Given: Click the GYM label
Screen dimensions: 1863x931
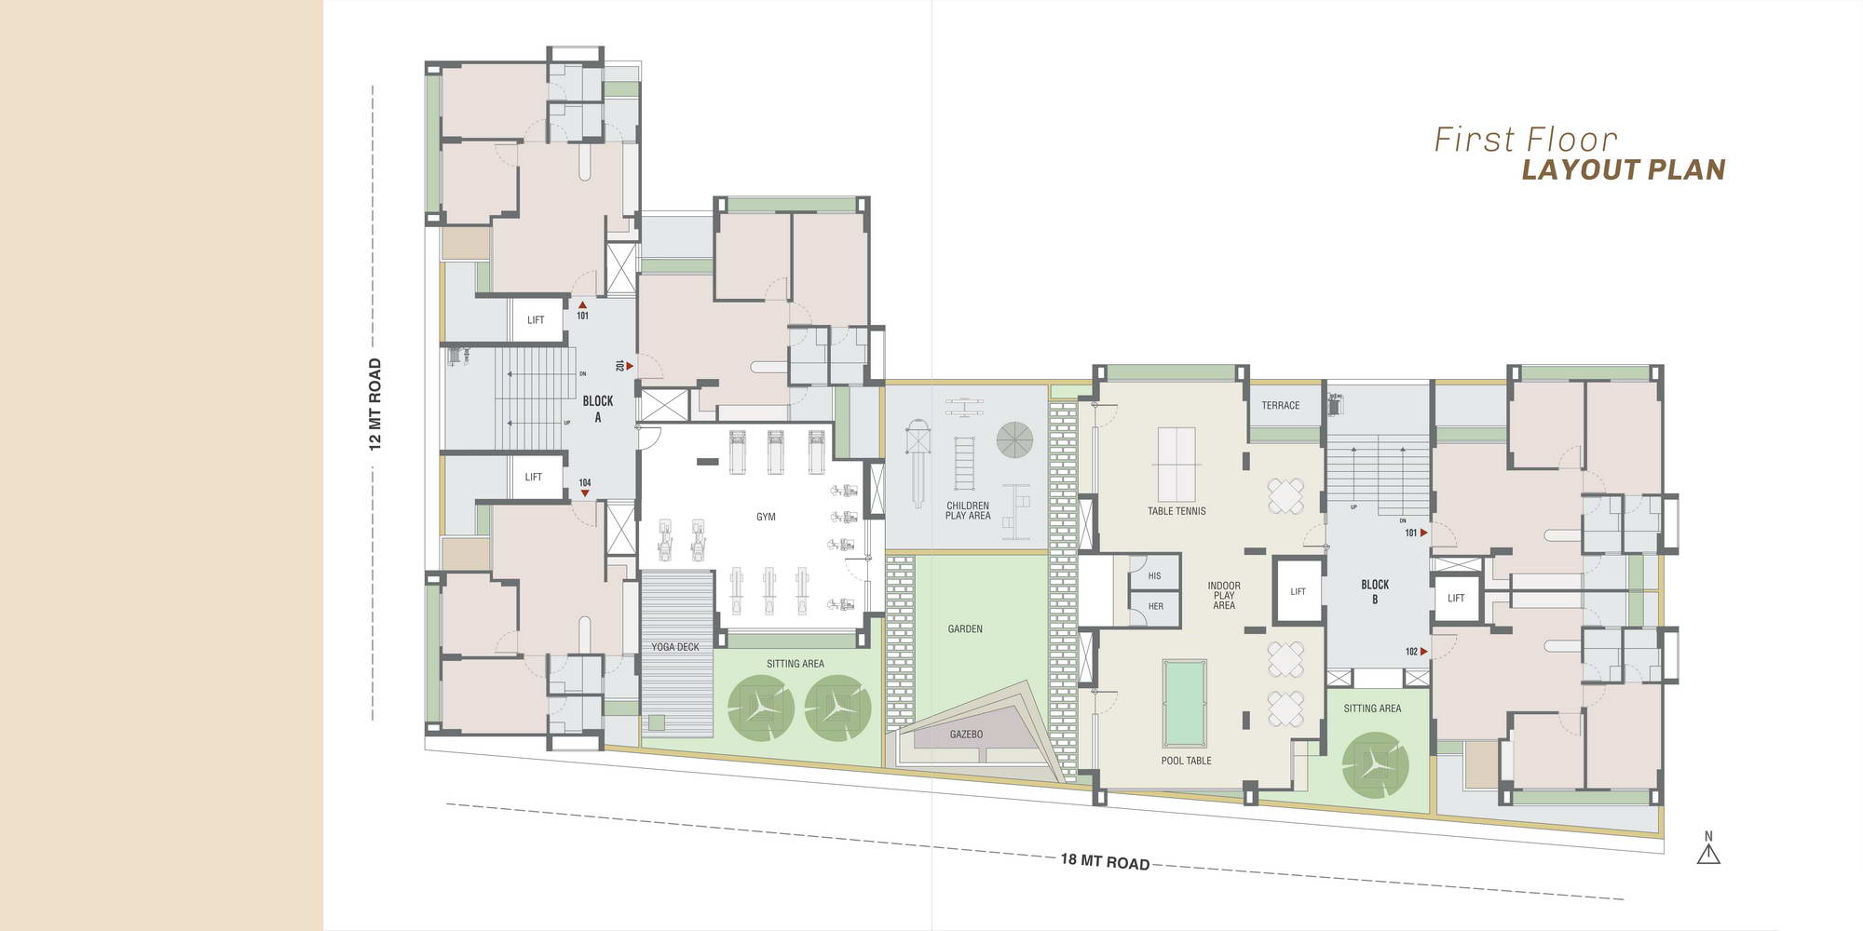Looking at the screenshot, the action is tap(766, 517).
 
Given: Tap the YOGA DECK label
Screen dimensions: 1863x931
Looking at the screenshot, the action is tap(675, 647).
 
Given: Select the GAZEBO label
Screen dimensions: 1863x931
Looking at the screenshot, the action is tap(966, 735).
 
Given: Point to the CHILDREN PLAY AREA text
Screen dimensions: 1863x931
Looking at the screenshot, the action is tap(968, 511).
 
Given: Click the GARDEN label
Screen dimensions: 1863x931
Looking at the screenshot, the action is tap(965, 629).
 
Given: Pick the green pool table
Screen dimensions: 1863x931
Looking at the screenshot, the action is tap(1185, 703).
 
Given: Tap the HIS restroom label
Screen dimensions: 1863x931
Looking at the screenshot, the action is tap(1154, 576).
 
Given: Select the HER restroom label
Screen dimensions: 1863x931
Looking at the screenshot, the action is tap(1155, 606).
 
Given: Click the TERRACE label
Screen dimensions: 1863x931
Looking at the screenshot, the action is tap(1281, 406).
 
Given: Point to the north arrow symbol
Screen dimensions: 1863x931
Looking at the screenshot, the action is tap(1708, 849).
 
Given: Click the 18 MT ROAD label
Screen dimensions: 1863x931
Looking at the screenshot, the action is tap(1105, 862).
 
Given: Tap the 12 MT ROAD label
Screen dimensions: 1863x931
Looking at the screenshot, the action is tap(375, 405).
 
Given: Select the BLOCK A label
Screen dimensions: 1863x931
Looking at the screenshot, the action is tap(598, 409).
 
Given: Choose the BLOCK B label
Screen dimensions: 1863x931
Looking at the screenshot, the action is tap(1375, 592).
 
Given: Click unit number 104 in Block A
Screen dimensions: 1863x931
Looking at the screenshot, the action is tap(585, 482).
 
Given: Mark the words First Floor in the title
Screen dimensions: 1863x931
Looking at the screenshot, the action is tap(1526, 140).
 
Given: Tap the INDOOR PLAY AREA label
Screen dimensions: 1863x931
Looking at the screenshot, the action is tap(1224, 596).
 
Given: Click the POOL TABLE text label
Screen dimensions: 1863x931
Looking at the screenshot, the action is tap(1187, 761).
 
